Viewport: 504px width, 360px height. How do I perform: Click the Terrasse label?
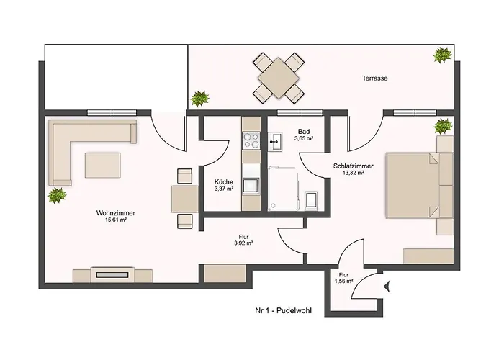point(375,78)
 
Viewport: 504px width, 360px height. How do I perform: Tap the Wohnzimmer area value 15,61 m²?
point(116,220)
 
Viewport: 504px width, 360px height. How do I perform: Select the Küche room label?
point(224,182)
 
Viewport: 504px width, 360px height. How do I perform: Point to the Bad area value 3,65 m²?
point(304,138)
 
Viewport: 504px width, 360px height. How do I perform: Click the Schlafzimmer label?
point(354,166)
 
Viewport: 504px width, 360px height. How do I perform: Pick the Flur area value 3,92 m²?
point(243,243)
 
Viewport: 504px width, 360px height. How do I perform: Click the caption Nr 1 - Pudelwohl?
point(283,311)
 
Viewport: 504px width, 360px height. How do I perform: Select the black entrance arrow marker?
point(387,286)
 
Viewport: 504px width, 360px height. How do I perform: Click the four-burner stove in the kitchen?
point(251,141)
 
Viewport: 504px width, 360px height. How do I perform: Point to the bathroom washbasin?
point(275,141)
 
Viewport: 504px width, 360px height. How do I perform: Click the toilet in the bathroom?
point(311,201)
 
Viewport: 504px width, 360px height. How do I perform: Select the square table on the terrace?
point(279,78)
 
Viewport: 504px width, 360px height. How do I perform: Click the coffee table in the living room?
point(102,165)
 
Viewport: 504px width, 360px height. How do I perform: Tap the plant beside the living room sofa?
point(57,195)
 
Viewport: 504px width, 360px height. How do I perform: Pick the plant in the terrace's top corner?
point(442,55)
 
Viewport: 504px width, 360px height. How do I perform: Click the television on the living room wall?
point(112,275)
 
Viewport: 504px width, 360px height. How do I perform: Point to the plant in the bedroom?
point(443,126)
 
